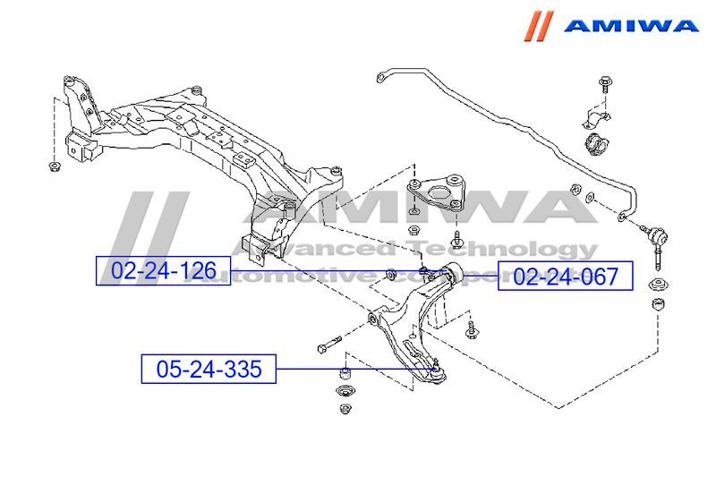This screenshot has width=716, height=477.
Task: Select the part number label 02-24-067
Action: (x=565, y=277)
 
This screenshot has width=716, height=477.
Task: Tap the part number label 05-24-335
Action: (x=209, y=369)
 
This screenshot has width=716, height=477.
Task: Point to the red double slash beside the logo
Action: (x=541, y=24)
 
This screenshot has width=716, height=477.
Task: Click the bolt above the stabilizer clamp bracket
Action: (x=602, y=86)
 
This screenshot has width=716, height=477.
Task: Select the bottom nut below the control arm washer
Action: (x=345, y=410)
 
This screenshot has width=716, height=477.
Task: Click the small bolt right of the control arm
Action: (x=472, y=329)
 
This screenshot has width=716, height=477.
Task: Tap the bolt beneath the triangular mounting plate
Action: (x=457, y=240)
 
